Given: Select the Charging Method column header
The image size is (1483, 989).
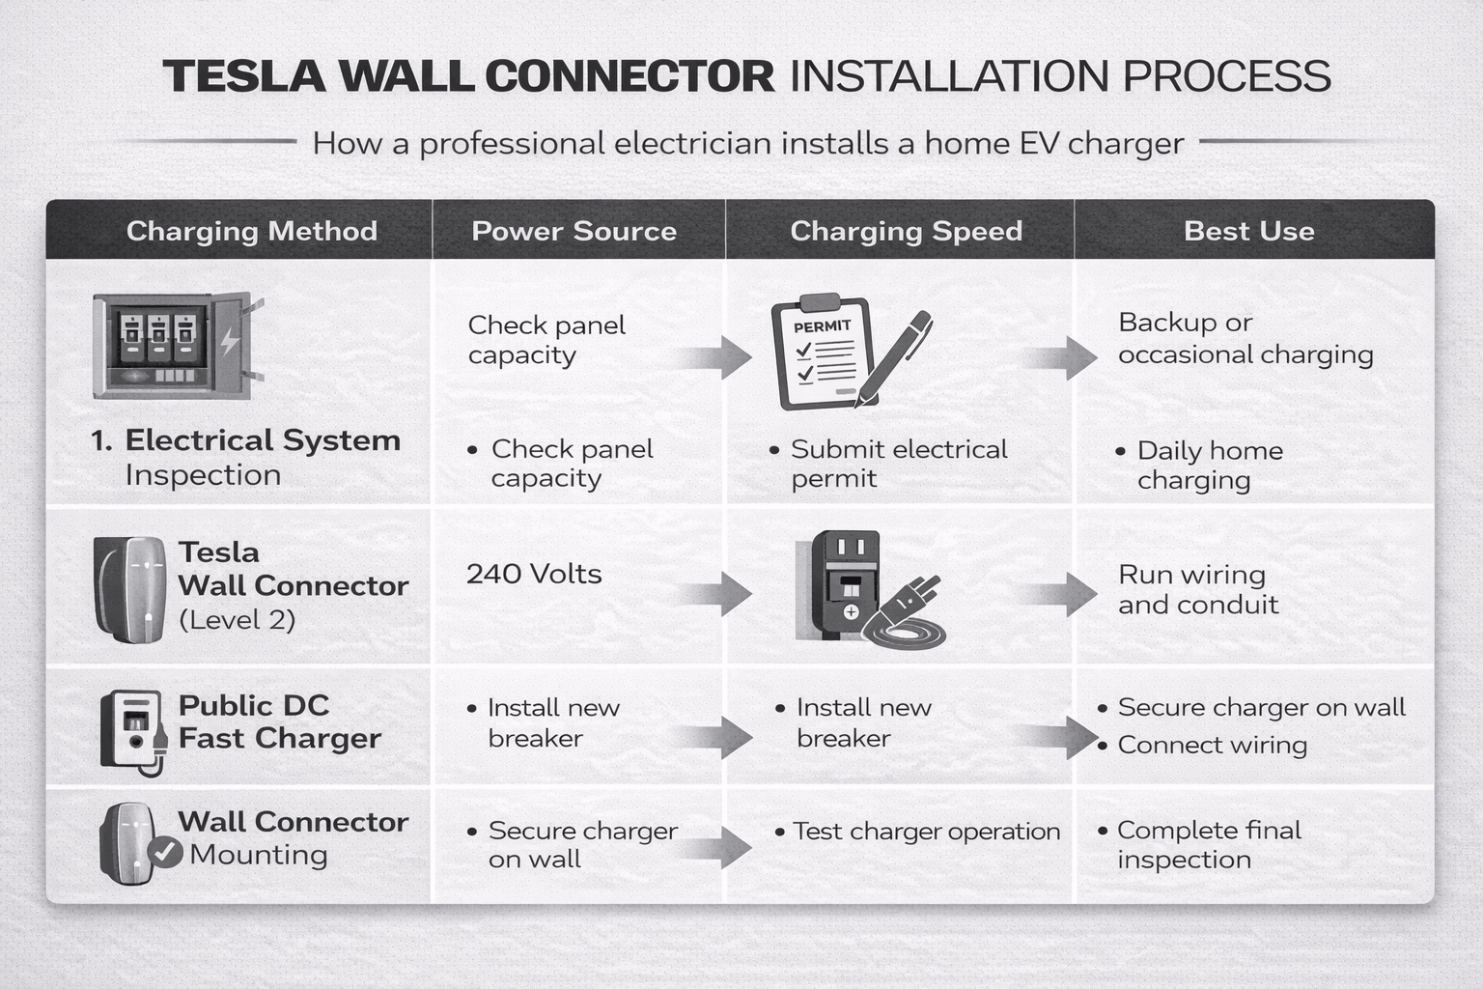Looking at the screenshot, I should point(251,231).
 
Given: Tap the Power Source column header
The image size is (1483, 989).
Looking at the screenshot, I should point(574,231).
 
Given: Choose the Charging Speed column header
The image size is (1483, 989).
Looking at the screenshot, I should point(906,231).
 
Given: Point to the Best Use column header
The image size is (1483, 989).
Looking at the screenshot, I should point(1248,231).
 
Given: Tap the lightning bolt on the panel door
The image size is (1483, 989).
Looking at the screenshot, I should point(230,341).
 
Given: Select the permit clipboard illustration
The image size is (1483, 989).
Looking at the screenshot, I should point(821,353).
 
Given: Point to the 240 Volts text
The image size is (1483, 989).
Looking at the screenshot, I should point(534,574).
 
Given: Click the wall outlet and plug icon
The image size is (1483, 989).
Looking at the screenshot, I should point(864,589).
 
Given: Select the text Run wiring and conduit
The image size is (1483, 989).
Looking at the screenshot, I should point(1197,589).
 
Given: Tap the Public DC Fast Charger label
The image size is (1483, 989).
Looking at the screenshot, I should point(279,721).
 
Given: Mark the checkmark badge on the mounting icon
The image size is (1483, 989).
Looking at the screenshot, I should point(165,852).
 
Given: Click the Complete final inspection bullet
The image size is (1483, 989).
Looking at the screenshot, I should point(1208,845).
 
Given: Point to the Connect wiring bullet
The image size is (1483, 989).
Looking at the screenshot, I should point(1212,745).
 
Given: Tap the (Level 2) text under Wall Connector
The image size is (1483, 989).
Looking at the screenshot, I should point(238,620).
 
